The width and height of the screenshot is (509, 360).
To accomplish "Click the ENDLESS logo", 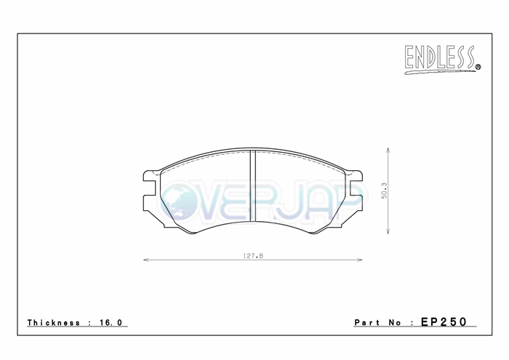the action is tap(442, 60).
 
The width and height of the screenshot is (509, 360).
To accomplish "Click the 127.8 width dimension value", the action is tap(253, 256).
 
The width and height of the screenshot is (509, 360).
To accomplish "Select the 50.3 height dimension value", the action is tap(384, 191).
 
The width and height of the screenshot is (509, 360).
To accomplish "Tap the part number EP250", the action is tap(444, 321).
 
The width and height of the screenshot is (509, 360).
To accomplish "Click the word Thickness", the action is tap(54, 323).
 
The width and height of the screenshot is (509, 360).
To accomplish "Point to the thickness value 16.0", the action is tap(111, 323).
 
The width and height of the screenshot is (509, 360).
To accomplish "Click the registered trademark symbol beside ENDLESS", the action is tap(478, 67).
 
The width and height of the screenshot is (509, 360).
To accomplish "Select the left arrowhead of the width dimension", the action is tap(146, 260).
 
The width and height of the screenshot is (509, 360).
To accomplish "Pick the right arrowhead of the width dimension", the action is tap(360, 260).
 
